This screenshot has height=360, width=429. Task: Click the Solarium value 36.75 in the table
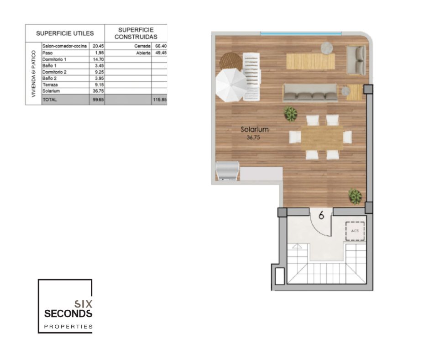tap(98, 91)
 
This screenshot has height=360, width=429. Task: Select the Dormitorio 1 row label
tap(54, 59)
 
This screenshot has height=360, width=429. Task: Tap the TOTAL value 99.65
tap(98, 100)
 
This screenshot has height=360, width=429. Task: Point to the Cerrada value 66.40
tap(161, 46)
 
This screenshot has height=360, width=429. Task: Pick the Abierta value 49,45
tap(161, 53)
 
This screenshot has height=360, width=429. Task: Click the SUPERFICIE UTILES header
tap(65, 33)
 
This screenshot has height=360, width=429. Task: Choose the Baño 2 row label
tap(50, 79)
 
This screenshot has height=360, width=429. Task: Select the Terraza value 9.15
tap(99, 85)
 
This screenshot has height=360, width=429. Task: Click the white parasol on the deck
tap(231, 85)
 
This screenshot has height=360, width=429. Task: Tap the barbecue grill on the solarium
tap(228, 171)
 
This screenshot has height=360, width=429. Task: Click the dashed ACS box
tap(355, 231)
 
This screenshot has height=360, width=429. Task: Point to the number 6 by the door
tap(321, 215)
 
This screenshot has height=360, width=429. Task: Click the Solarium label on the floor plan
tap(255, 129)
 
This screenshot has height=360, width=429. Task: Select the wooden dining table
tap(322, 138)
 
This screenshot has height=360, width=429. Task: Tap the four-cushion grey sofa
tap(310, 93)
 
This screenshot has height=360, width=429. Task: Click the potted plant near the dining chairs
tap(290, 113)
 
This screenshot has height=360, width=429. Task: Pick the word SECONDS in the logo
tap(68, 314)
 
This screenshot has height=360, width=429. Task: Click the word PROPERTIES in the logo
tap(68, 327)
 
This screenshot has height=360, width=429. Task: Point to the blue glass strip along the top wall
tap(301, 34)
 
